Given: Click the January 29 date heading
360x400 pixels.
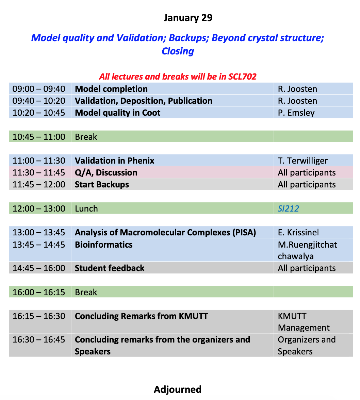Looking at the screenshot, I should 188,18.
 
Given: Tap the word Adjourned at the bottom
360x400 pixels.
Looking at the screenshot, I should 178,389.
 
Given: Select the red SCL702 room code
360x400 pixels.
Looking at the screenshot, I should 243,76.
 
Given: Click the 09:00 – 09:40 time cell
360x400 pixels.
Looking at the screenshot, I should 39,89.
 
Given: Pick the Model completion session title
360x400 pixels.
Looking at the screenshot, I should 111,89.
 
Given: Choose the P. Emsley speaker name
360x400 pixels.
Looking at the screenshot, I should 296,113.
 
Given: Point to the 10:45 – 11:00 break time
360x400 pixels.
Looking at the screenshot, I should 39,137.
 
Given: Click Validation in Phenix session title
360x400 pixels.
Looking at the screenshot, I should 115,161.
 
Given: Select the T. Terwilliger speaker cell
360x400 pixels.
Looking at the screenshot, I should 303,161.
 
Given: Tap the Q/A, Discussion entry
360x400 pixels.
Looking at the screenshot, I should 106,172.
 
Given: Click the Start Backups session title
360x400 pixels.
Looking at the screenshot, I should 102,184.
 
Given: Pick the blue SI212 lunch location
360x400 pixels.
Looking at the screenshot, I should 288,209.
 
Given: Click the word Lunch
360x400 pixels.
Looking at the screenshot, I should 86,209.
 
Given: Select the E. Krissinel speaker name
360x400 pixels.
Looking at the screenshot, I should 298,232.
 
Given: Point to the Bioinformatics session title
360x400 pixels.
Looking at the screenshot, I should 104,245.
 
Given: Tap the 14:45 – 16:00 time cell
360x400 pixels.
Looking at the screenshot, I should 39,268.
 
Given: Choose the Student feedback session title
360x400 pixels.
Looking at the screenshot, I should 110,268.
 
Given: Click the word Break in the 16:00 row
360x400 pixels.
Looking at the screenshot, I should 86,292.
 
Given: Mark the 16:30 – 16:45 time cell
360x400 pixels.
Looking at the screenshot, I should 39,340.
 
